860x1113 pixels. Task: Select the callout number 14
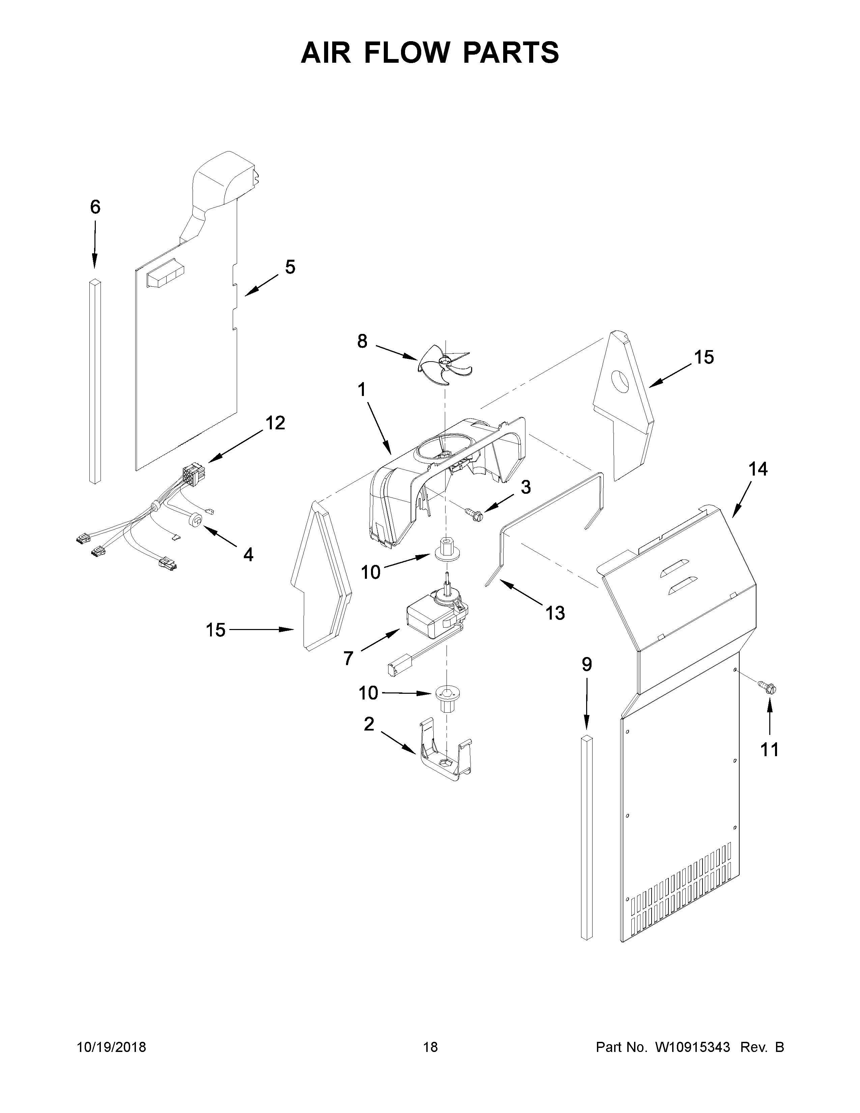757,469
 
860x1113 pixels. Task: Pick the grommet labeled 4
196,520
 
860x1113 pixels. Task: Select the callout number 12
275,423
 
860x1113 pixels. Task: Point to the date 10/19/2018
112,1047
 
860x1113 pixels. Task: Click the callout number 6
95,207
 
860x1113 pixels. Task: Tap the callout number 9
587,664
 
